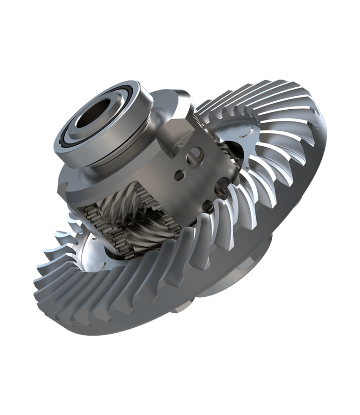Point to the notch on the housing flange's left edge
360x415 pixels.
pyautogui.click(x=63, y=184)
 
